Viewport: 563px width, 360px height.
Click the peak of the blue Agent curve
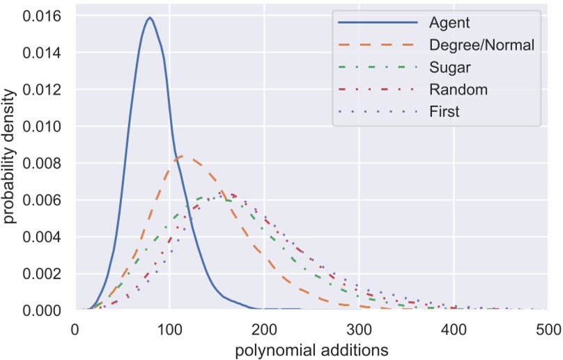tap(149, 18)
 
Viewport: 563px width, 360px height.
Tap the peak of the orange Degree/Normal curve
tap(181, 156)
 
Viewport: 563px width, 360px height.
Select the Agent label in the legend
tap(449, 23)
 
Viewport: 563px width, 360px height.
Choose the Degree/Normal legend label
tap(481, 45)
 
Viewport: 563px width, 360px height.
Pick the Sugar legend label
tap(450, 68)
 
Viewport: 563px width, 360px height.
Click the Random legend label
tap(458, 89)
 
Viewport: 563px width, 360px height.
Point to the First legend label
tap(445, 111)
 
